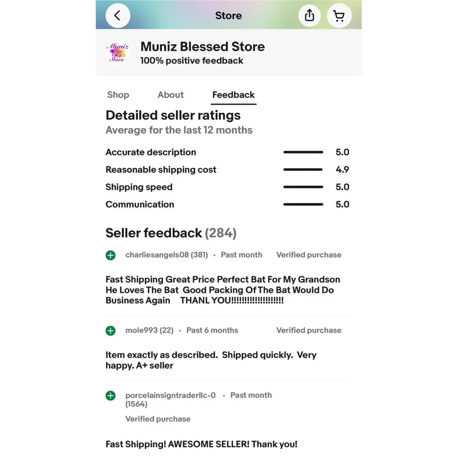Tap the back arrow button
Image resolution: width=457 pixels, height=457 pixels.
pos(118,16)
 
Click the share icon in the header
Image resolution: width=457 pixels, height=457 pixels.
pos(310,16)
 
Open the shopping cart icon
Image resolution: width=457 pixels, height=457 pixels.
pos(339,16)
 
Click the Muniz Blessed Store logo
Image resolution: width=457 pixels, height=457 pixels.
pos(118,53)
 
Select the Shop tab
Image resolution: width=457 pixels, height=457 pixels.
pos(118,95)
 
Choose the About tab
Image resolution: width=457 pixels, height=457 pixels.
pos(171,95)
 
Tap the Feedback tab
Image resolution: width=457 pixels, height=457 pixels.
pos(233,95)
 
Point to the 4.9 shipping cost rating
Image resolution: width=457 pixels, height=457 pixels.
pos(342,169)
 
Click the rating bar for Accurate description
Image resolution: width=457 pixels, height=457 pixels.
pos(303,152)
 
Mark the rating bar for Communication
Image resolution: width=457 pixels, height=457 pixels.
pos(303,205)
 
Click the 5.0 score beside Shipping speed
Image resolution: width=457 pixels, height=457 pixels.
pos(342,187)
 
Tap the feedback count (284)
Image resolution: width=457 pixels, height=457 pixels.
pos(221,233)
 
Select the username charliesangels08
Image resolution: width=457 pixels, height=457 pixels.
pos(157,255)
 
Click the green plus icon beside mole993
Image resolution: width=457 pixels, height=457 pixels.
pos(110,331)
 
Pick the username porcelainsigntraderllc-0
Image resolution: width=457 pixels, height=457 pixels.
pos(170,395)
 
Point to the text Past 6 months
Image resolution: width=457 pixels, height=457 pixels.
pos(212,331)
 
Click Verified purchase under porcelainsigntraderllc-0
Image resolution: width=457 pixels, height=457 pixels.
pos(158,419)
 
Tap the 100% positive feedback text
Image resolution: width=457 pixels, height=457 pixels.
pos(192,61)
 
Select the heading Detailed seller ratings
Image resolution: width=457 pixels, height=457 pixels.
pos(173,115)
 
